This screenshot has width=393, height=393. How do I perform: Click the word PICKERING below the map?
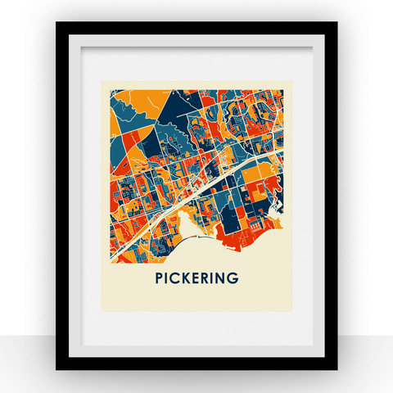point(196,278)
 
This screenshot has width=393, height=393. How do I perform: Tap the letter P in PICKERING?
point(159,278)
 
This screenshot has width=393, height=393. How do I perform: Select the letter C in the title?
point(175,278)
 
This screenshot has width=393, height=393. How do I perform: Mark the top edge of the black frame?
point(196,28)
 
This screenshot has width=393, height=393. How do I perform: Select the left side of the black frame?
point(61,196)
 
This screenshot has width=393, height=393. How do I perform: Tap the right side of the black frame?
point(331,196)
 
